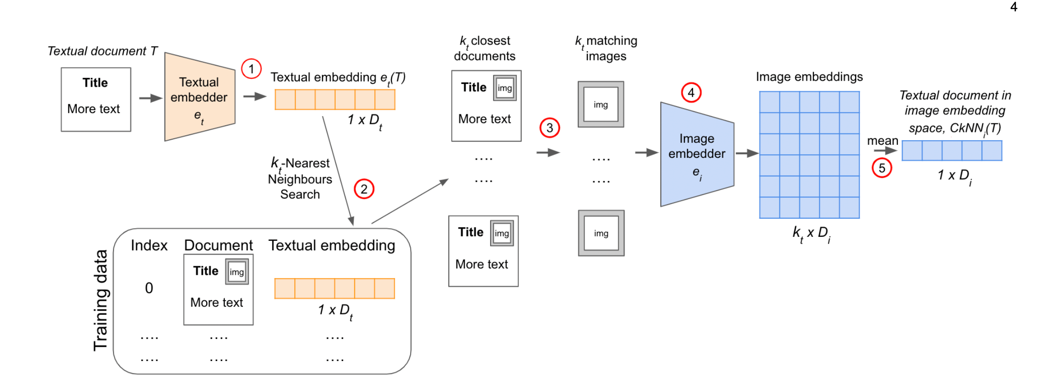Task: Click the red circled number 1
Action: pos(251,69)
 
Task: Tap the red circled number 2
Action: pos(364,189)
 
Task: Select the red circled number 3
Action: pos(550,128)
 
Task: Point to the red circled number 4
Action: pos(691,93)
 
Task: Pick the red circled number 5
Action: pos(882,168)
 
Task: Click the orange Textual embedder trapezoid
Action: pos(200,97)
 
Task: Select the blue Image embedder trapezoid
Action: pos(697,154)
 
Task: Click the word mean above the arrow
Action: pos(882,141)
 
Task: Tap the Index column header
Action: pos(149,245)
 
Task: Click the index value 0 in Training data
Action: pos(149,288)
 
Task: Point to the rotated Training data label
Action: pos(100,300)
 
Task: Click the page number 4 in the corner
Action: pos(1014,7)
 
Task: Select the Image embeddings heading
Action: pos(809,77)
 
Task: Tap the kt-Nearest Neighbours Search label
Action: pos(300,178)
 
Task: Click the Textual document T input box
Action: pos(96,100)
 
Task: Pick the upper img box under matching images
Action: pos(601,104)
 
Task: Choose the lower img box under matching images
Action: pos(601,233)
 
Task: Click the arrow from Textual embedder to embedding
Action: pos(255,96)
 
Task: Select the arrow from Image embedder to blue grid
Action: pos(747,154)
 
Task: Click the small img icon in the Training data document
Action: pos(237,272)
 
